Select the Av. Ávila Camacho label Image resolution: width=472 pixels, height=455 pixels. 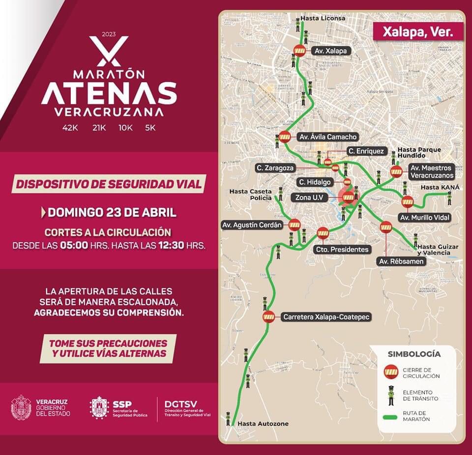[327, 137]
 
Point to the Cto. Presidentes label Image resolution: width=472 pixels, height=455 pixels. [342, 249]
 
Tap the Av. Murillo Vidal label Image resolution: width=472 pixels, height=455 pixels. [425, 217]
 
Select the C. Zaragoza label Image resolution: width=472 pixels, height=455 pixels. [275, 168]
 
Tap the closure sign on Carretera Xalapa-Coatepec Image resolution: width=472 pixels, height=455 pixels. [268, 316]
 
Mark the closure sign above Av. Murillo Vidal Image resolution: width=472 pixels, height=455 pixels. [408, 201]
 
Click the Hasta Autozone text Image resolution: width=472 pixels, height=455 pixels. [263, 424]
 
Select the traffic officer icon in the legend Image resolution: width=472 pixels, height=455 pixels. [391, 395]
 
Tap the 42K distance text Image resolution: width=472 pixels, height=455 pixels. [70, 128]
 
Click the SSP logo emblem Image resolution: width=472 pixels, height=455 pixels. [99, 408]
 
